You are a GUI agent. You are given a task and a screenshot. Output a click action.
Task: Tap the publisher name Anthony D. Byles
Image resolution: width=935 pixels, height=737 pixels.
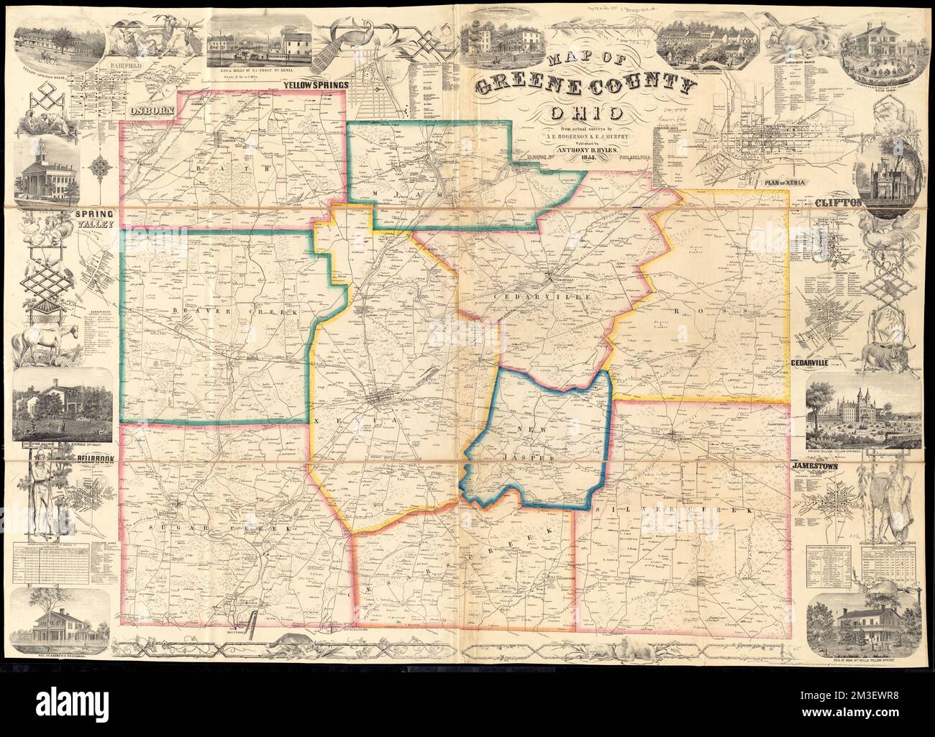(x=583, y=149)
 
